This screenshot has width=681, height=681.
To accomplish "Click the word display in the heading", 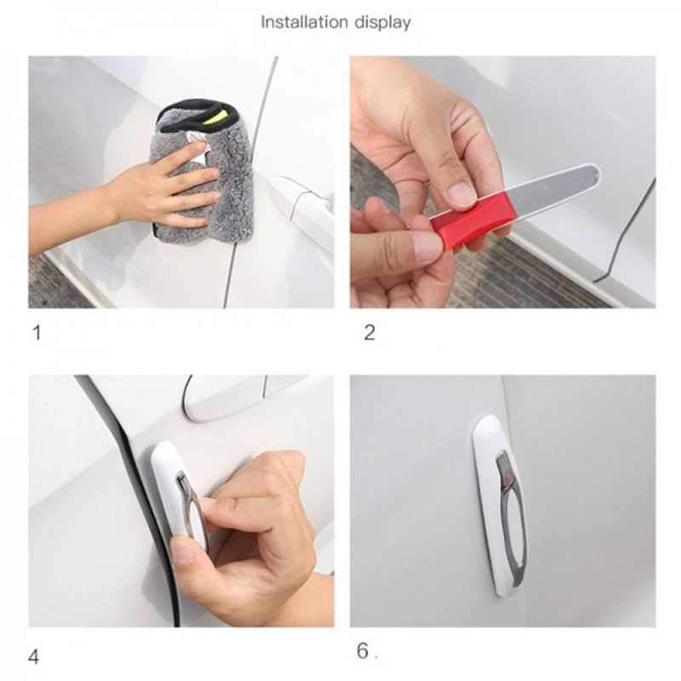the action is click(x=382, y=23).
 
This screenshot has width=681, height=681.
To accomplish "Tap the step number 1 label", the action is click(x=37, y=333).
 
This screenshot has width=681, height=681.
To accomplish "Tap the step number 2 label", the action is click(x=369, y=333).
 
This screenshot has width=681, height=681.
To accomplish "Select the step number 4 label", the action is click(x=33, y=656).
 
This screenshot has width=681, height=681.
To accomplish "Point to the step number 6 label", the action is click(x=363, y=650).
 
